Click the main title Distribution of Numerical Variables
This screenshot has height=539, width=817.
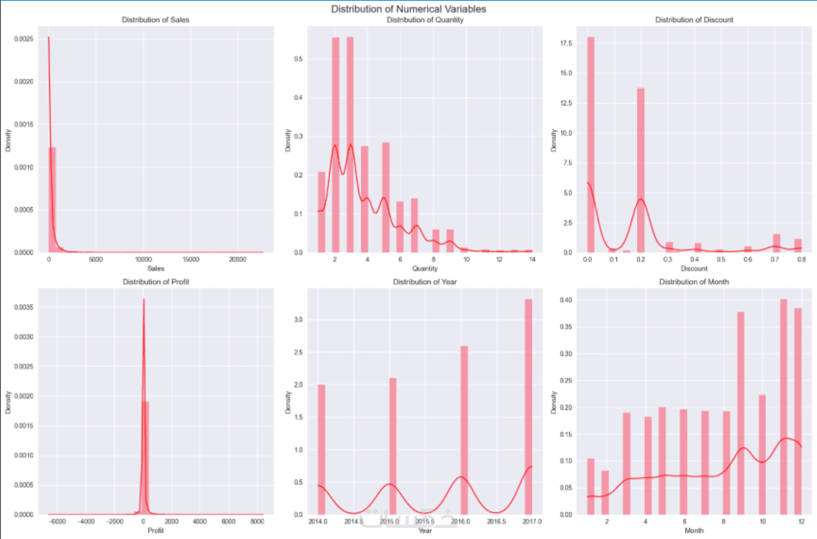[x=409, y=9]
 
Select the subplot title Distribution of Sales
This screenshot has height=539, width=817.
[x=156, y=20]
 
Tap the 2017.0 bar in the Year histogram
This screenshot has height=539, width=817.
[x=528, y=406]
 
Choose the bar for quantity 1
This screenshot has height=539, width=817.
[x=321, y=212]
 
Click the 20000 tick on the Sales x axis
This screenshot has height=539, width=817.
[x=237, y=259]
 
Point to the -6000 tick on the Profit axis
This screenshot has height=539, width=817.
[x=57, y=522]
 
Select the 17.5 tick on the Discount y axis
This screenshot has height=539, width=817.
[x=566, y=43]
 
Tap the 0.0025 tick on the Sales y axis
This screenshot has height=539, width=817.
[x=23, y=39]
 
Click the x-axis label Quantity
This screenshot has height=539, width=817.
[x=425, y=268]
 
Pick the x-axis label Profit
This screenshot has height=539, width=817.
[x=156, y=531]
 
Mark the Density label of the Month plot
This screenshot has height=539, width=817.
[x=554, y=402]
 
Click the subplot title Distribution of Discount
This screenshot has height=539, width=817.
[x=694, y=20]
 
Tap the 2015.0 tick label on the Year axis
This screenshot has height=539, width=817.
[x=390, y=522]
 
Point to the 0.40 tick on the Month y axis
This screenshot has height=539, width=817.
[x=566, y=300]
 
